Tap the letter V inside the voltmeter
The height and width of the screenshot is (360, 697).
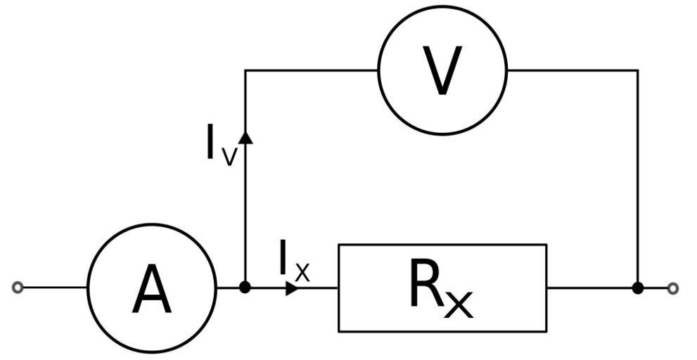(442, 71)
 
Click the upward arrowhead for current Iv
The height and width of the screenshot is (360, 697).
(245, 136)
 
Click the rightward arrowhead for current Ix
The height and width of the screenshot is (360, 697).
(292, 288)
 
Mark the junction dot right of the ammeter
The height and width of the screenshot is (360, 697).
(245, 288)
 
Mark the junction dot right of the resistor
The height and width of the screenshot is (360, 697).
(637, 288)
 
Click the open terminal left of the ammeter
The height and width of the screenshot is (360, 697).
(18, 288)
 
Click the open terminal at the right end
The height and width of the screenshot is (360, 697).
(673, 288)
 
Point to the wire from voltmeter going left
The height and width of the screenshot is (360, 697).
(309, 70)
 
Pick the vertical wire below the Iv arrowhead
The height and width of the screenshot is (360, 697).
(245, 211)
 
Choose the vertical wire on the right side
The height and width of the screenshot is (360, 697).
(637, 176)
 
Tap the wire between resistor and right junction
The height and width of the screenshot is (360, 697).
(591, 288)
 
